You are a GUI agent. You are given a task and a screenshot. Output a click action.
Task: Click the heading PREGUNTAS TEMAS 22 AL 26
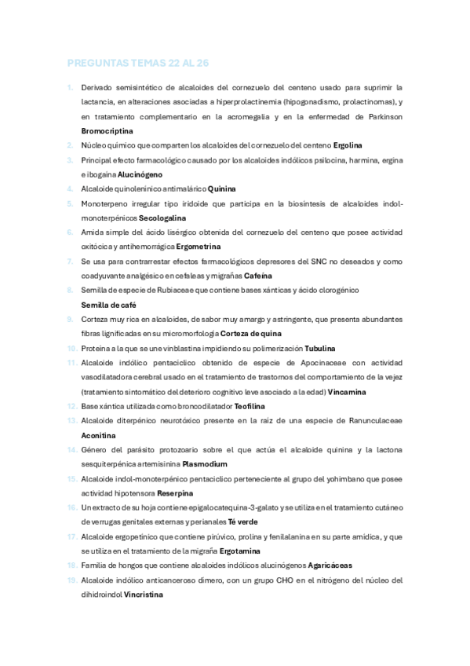pyautogui.click(x=138, y=64)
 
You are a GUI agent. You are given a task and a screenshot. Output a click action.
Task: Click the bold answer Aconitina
pyautogui.click(x=100, y=435)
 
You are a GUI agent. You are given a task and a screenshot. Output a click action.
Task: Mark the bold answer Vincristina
pyautogui.click(x=141, y=595)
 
